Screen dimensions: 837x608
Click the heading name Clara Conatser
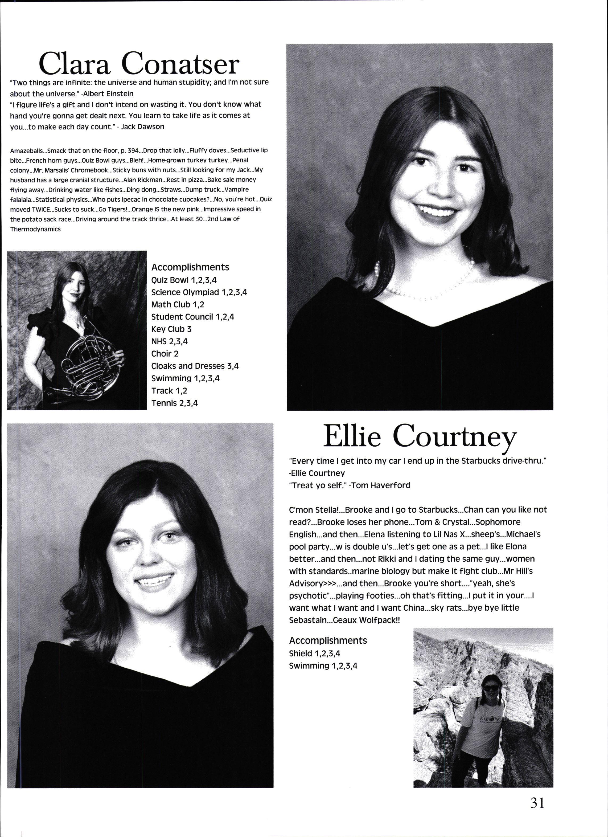(139, 63)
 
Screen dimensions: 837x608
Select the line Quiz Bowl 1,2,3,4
(184, 280)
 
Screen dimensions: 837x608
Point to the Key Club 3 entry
(171, 329)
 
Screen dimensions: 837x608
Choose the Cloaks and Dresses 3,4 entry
(195, 366)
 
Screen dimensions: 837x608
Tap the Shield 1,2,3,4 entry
(314, 653)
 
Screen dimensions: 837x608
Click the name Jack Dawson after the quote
(142, 126)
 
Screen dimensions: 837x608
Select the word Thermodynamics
(35, 229)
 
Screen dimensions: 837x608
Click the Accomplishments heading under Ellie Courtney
(328, 640)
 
